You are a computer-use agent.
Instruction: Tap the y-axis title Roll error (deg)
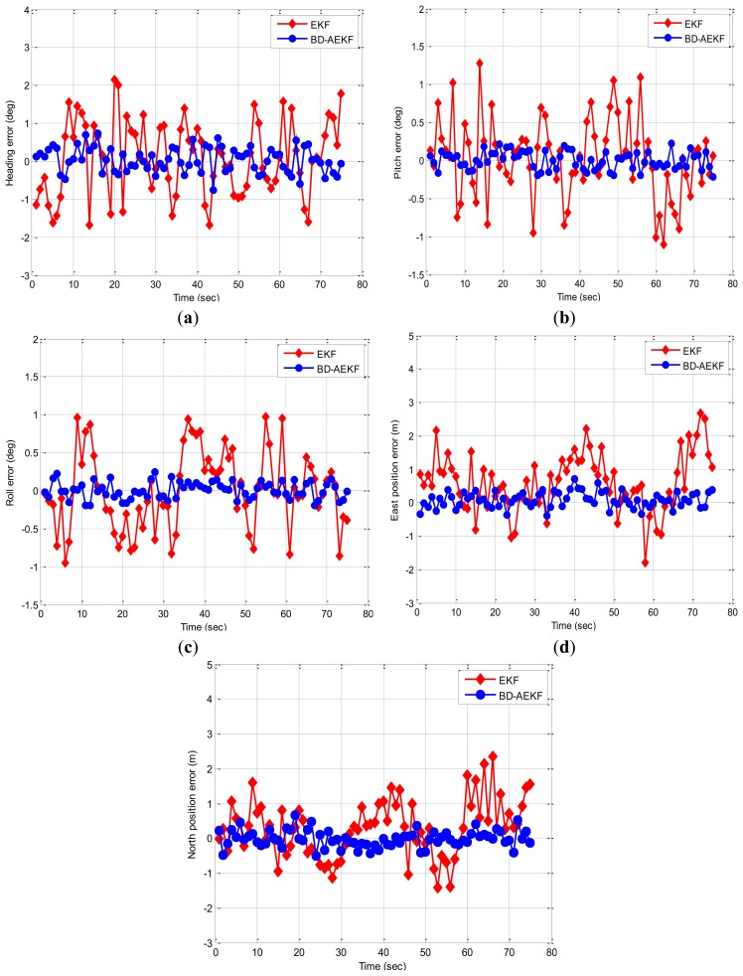click(9, 471)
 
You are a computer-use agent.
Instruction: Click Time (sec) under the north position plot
click(382, 963)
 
